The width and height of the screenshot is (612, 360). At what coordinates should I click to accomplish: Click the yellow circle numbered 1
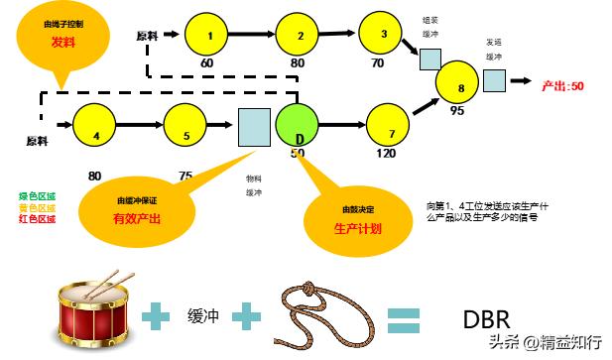tap(209, 36)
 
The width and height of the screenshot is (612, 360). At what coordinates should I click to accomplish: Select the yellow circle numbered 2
tap(301, 37)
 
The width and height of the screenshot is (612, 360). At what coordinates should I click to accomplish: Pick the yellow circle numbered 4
tap(96, 126)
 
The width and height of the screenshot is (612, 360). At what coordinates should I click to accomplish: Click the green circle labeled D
tap(299, 125)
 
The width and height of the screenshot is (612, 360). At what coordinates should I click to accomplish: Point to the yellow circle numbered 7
tap(390, 128)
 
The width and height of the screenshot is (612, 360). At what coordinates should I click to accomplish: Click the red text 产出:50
tap(562, 86)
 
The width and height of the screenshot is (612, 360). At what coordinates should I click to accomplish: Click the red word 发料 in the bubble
tap(63, 43)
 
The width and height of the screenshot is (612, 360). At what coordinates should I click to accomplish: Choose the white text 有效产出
tap(136, 217)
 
